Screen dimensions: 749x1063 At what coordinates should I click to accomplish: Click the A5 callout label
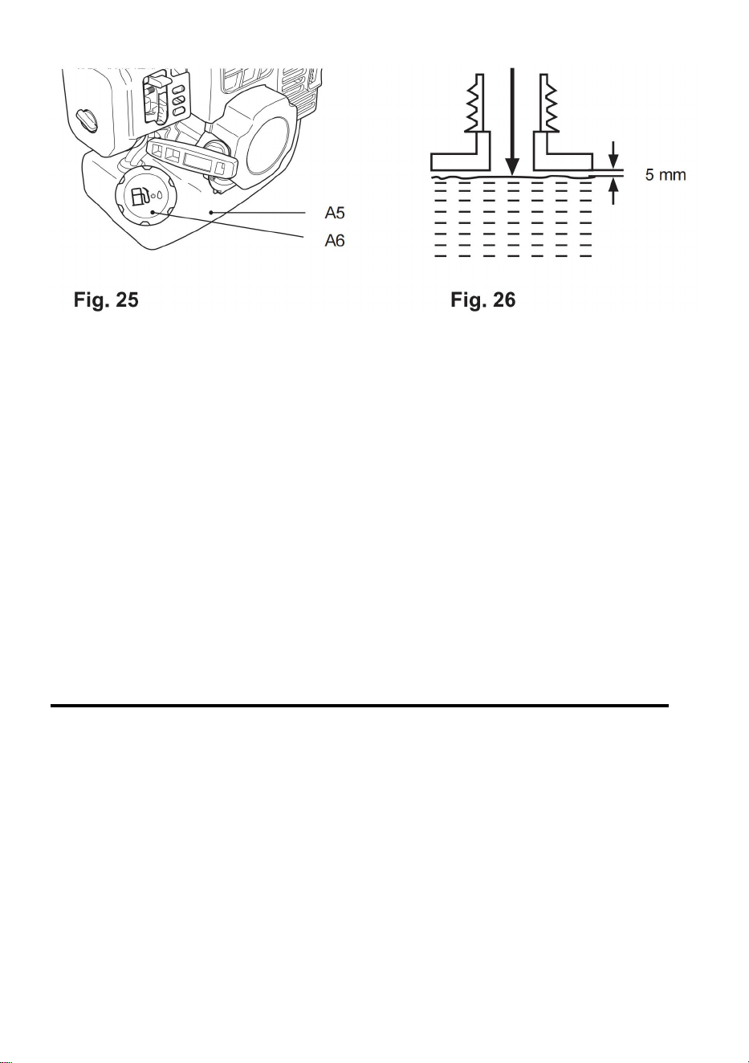(x=335, y=213)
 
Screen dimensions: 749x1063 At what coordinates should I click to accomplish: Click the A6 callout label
(x=335, y=241)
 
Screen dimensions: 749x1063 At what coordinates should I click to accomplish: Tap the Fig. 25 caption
(x=106, y=300)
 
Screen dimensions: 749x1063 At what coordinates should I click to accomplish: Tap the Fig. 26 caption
(x=482, y=300)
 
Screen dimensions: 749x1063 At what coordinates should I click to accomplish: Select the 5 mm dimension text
(x=666, y=175)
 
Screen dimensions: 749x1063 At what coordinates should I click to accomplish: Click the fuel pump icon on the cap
(x=140, y=196)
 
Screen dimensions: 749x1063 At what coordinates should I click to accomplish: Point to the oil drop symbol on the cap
(x=161, y=194)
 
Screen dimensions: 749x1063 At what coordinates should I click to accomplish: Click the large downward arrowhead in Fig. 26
(x=511, y=166)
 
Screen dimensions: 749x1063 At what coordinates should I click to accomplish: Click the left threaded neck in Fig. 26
(x=476, y=103)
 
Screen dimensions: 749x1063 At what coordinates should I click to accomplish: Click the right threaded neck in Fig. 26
(x=548, y=103)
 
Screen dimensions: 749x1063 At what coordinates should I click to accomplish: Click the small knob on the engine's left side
(x=87, y=119)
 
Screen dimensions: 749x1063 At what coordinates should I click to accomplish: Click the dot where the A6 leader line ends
(x=152, y=212)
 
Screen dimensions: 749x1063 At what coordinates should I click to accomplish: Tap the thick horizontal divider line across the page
(x=360, y=706)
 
